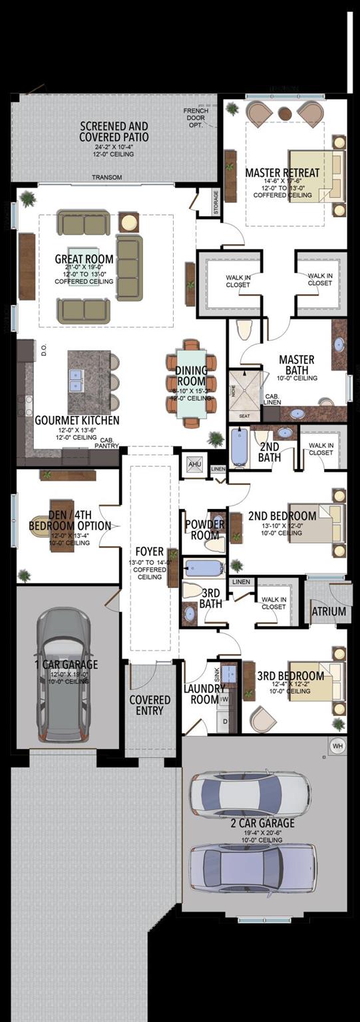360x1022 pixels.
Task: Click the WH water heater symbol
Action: pos(337,746)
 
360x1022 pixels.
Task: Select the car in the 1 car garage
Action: pos(64,675)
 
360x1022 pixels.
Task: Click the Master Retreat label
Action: pos(282,173)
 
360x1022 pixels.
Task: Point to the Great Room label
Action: pos(84,259)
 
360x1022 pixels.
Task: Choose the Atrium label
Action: pos(329,611)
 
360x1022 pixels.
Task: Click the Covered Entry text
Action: pos(150,705)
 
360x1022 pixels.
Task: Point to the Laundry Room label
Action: pos(204,694)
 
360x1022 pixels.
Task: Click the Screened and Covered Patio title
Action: pos(114,132)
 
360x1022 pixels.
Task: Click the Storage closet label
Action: pos(216,204)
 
